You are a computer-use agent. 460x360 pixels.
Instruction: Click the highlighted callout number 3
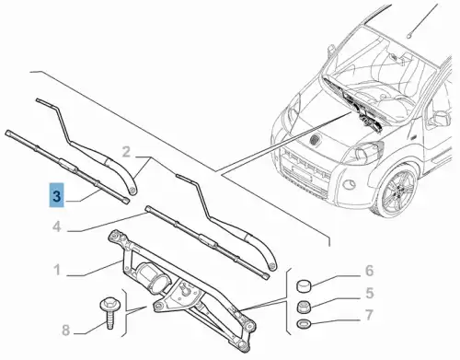click(x=57, y=195)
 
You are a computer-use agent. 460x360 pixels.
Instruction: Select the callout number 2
click(x=126, y=152)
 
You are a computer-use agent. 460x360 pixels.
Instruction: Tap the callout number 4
click(x=57, y=227)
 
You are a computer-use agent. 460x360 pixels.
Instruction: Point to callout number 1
click(x=57, y=271)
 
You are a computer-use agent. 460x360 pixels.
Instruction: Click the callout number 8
click(x=65, y=331)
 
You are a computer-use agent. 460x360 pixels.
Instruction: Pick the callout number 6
click(x=369, y=271)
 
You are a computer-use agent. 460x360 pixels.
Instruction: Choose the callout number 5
click(x=370, y=293)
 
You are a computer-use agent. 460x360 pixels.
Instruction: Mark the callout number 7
click(x=370, y=315)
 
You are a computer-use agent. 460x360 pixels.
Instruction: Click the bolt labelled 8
click(x=109, y=312)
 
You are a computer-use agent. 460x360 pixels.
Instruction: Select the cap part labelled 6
click(x=304, y=285)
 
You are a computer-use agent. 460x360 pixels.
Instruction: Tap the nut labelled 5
click(x=304, y=307)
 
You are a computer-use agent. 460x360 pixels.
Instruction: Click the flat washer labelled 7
click(x=304, y=323)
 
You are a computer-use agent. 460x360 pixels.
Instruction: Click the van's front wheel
click(x=396, y=192)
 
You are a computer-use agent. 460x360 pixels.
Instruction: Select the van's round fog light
click(x=350, y=185)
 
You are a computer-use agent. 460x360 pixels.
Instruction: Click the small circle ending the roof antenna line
click(x=409, y=36)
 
